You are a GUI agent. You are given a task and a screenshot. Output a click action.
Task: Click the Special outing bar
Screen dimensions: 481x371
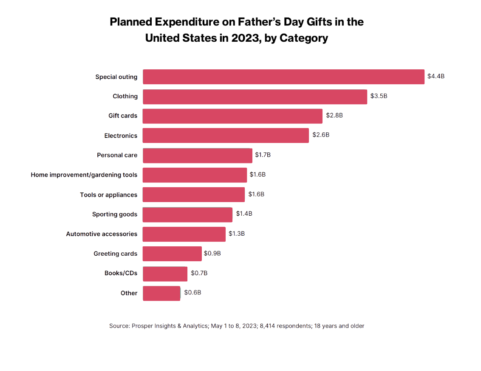283,77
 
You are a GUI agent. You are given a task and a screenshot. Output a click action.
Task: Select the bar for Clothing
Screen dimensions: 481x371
255,97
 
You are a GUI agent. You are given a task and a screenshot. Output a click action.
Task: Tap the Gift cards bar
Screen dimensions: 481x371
232,116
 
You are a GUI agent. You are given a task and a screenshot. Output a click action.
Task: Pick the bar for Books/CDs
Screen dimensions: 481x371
165,274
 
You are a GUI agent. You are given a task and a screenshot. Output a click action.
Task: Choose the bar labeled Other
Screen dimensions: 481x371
161,293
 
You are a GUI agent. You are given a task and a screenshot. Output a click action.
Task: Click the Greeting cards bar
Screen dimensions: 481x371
172,254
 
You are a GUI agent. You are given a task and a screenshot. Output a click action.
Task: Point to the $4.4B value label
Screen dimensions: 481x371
436,76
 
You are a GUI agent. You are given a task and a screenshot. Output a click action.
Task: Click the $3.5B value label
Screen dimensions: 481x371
379,96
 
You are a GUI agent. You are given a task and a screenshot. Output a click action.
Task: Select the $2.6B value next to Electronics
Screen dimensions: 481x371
321,135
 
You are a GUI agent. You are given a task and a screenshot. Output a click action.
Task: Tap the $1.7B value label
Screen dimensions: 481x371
263,155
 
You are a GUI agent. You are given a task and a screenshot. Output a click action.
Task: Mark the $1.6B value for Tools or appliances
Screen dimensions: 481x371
256,194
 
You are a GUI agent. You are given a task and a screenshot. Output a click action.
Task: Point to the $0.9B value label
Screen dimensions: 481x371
212,254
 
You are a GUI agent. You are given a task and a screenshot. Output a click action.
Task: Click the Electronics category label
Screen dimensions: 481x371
121,136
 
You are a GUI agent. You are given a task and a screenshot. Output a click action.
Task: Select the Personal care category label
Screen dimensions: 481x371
117,155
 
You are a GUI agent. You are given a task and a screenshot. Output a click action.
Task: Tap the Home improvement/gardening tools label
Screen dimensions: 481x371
84,175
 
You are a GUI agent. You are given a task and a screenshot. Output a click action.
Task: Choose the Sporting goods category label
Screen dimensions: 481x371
115,214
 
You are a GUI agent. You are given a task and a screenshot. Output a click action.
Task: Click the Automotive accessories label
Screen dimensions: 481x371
102,234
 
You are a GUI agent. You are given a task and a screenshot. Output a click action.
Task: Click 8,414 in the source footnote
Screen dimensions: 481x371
268,326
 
